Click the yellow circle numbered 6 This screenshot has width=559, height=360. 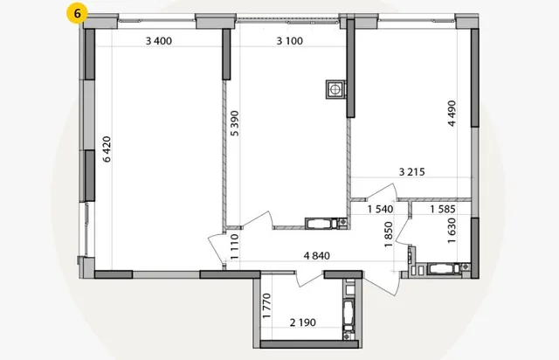[x=77, y=14]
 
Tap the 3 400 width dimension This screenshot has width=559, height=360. [x=159, y=41]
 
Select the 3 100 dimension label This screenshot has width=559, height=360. [x=289, y=41]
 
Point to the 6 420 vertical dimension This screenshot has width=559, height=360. [x=107, y=149]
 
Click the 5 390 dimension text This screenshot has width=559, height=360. [x=235, y=123]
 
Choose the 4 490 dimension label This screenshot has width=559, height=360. [x=452, y=114]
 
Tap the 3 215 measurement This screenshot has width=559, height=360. [x=411, y=172]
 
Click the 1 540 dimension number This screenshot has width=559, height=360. [x=381, y=209]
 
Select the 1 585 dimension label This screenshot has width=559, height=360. [x=443, y=209]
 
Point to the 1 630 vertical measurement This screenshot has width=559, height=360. [x=452, y=231]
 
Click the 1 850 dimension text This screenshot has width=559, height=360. [x=389, y=234]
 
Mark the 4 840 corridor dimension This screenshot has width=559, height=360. [x=316, y=256]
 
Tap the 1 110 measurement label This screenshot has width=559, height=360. [x=234, y=246]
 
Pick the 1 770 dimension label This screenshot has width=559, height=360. [x=266, y=306]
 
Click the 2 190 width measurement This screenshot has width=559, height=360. [x=303, y=322]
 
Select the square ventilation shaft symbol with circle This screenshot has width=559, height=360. [x=335, y=89]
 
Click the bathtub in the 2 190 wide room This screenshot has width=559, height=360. [x=349, y=313]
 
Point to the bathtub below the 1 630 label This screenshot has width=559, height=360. [x=444, y=268]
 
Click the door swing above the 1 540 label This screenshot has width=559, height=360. [x=383, y=191]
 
